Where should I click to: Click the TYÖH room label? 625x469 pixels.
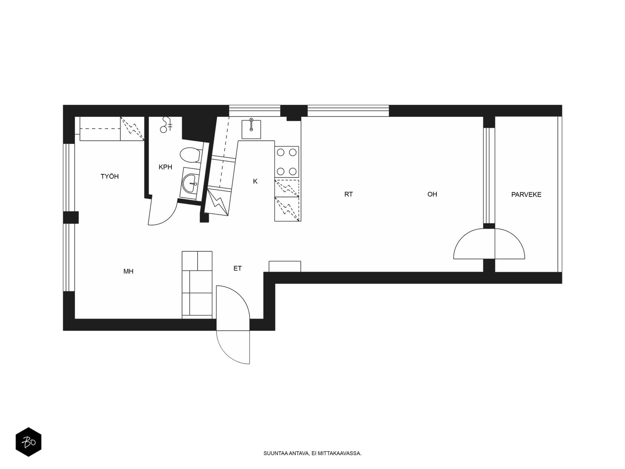coord(110,176)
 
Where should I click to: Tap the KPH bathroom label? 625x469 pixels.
coord(166,167)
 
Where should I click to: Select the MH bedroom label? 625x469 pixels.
coord(129,271)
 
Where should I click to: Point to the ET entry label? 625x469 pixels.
coord(237,268)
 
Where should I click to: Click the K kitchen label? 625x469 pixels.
coord(255,181)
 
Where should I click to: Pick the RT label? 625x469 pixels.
coord(348,194)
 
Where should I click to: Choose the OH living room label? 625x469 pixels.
coord(432,194)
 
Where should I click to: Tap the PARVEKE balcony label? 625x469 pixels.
coord(526,195)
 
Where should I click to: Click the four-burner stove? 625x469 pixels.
coord(287,162)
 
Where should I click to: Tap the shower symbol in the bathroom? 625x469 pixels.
coord(166,125)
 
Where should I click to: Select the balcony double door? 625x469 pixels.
coord(489,244)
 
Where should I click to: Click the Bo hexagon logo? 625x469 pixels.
coord(29,442)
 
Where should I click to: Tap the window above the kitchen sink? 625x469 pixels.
coord(255,111)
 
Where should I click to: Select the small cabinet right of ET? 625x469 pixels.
coord(285,267)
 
